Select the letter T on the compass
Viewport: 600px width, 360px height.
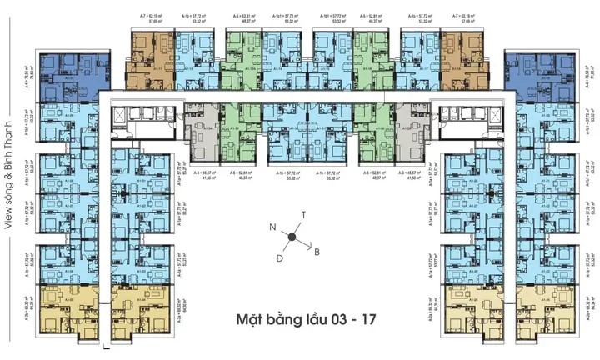(x=303, y=214)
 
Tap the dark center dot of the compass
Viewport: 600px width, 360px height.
(x=293, y=237)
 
